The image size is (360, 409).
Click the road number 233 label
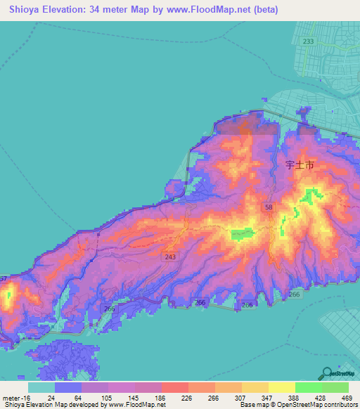pos(308,41)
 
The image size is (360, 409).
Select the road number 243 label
pos(171,257)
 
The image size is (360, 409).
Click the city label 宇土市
pos(300,166)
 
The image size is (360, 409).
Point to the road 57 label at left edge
pos(3,279)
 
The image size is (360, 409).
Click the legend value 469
pos(347,398)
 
